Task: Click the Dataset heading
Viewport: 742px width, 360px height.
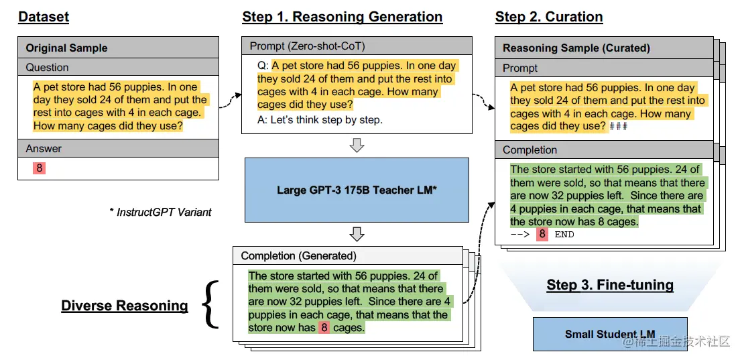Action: click(x=44, y=17)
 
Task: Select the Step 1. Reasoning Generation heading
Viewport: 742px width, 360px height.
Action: click(x=343, y=17)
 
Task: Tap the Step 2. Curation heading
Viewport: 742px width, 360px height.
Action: click(x=549, y=17)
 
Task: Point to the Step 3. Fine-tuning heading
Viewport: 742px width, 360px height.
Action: click(x=610, y=285)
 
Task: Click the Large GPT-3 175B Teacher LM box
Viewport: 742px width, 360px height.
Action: click(x=357, y=190)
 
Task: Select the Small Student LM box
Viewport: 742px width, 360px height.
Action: click(x=610, y=334)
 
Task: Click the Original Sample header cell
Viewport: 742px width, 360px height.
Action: click(x=118, y=48)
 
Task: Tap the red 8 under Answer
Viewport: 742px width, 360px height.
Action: click(x=40, y=168)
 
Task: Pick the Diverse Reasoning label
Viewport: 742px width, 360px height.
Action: click(x=125, y=306)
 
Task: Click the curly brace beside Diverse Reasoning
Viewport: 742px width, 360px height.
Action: click(x=210, y=305)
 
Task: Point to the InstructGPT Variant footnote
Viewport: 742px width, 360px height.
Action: click(x=160, y=212)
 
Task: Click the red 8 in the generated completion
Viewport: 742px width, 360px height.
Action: click(x=324, y=328)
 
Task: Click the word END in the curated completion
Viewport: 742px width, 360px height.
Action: click(x=564, y=235)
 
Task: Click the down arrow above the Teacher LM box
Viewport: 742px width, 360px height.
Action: click(x=357, y=145)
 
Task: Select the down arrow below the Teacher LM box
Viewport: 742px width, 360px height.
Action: click(x=357, y=234)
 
